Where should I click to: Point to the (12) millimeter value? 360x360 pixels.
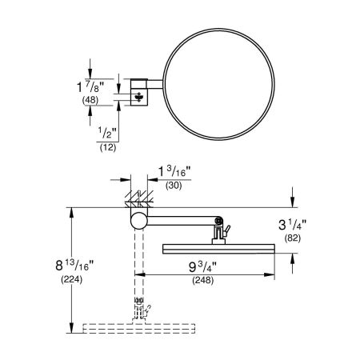pyautogui.click(x=106, y=149)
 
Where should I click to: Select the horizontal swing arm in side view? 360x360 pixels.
pyautogui.click(x=180, y=221)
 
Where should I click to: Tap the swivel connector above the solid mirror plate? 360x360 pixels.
pyautogui.click(x=218, y=233)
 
